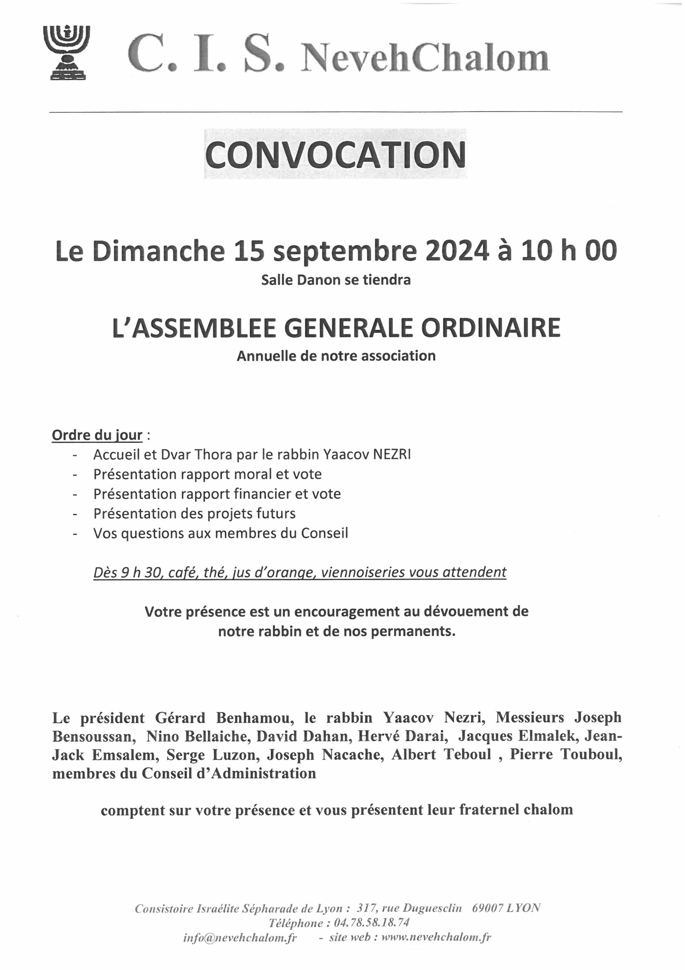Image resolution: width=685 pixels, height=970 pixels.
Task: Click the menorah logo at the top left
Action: tap(67, 52)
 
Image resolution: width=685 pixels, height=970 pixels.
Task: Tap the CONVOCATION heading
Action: tap(336, 154)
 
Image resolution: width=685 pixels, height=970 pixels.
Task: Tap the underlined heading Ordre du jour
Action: tap(97, 435)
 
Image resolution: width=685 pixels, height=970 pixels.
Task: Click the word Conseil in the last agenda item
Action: tap(324, 533)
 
